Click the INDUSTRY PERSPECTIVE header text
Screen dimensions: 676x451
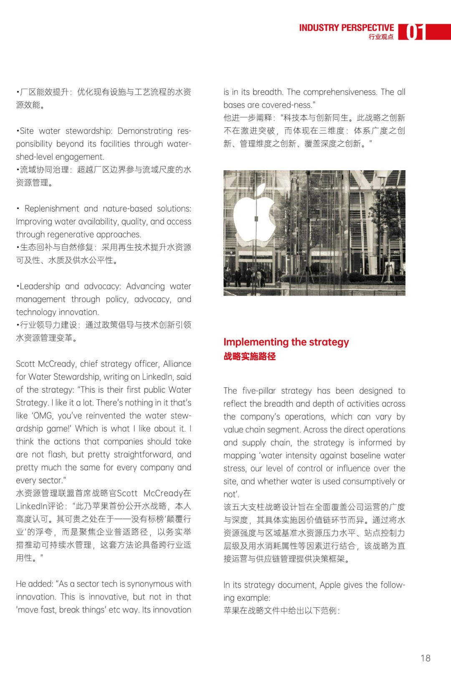tap(346, 28)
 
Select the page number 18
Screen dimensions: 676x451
tap(425, 658)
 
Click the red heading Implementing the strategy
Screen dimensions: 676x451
tap(286, 342)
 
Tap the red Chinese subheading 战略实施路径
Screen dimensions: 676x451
tap(250, 356)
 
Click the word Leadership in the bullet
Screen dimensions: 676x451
tap(40, 286)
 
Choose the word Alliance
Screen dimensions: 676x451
tap(177, 364)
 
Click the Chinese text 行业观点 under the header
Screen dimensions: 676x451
tap(381, 37)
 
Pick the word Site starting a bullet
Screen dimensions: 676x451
tap(27, 131)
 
